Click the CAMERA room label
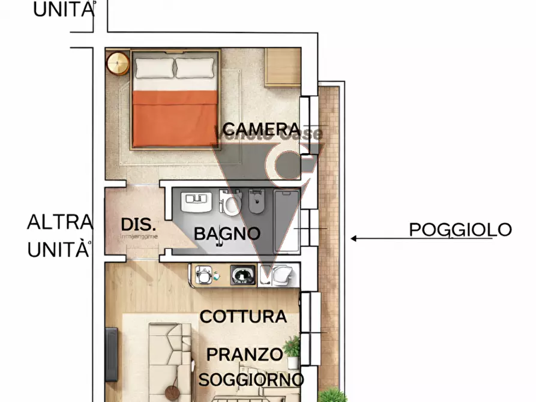261,129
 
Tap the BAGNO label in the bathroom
227,233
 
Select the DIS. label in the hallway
139,225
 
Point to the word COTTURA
243,316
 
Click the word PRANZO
244,354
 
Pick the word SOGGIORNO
251,379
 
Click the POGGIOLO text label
460,229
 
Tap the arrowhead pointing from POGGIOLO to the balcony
355,238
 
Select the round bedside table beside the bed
118,62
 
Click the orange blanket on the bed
175,118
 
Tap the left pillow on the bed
154,68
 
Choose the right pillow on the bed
195,68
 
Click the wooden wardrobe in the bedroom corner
283,67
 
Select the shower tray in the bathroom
288,219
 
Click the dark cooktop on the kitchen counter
243,275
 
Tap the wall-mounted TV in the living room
112,355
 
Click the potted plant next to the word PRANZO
293,352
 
